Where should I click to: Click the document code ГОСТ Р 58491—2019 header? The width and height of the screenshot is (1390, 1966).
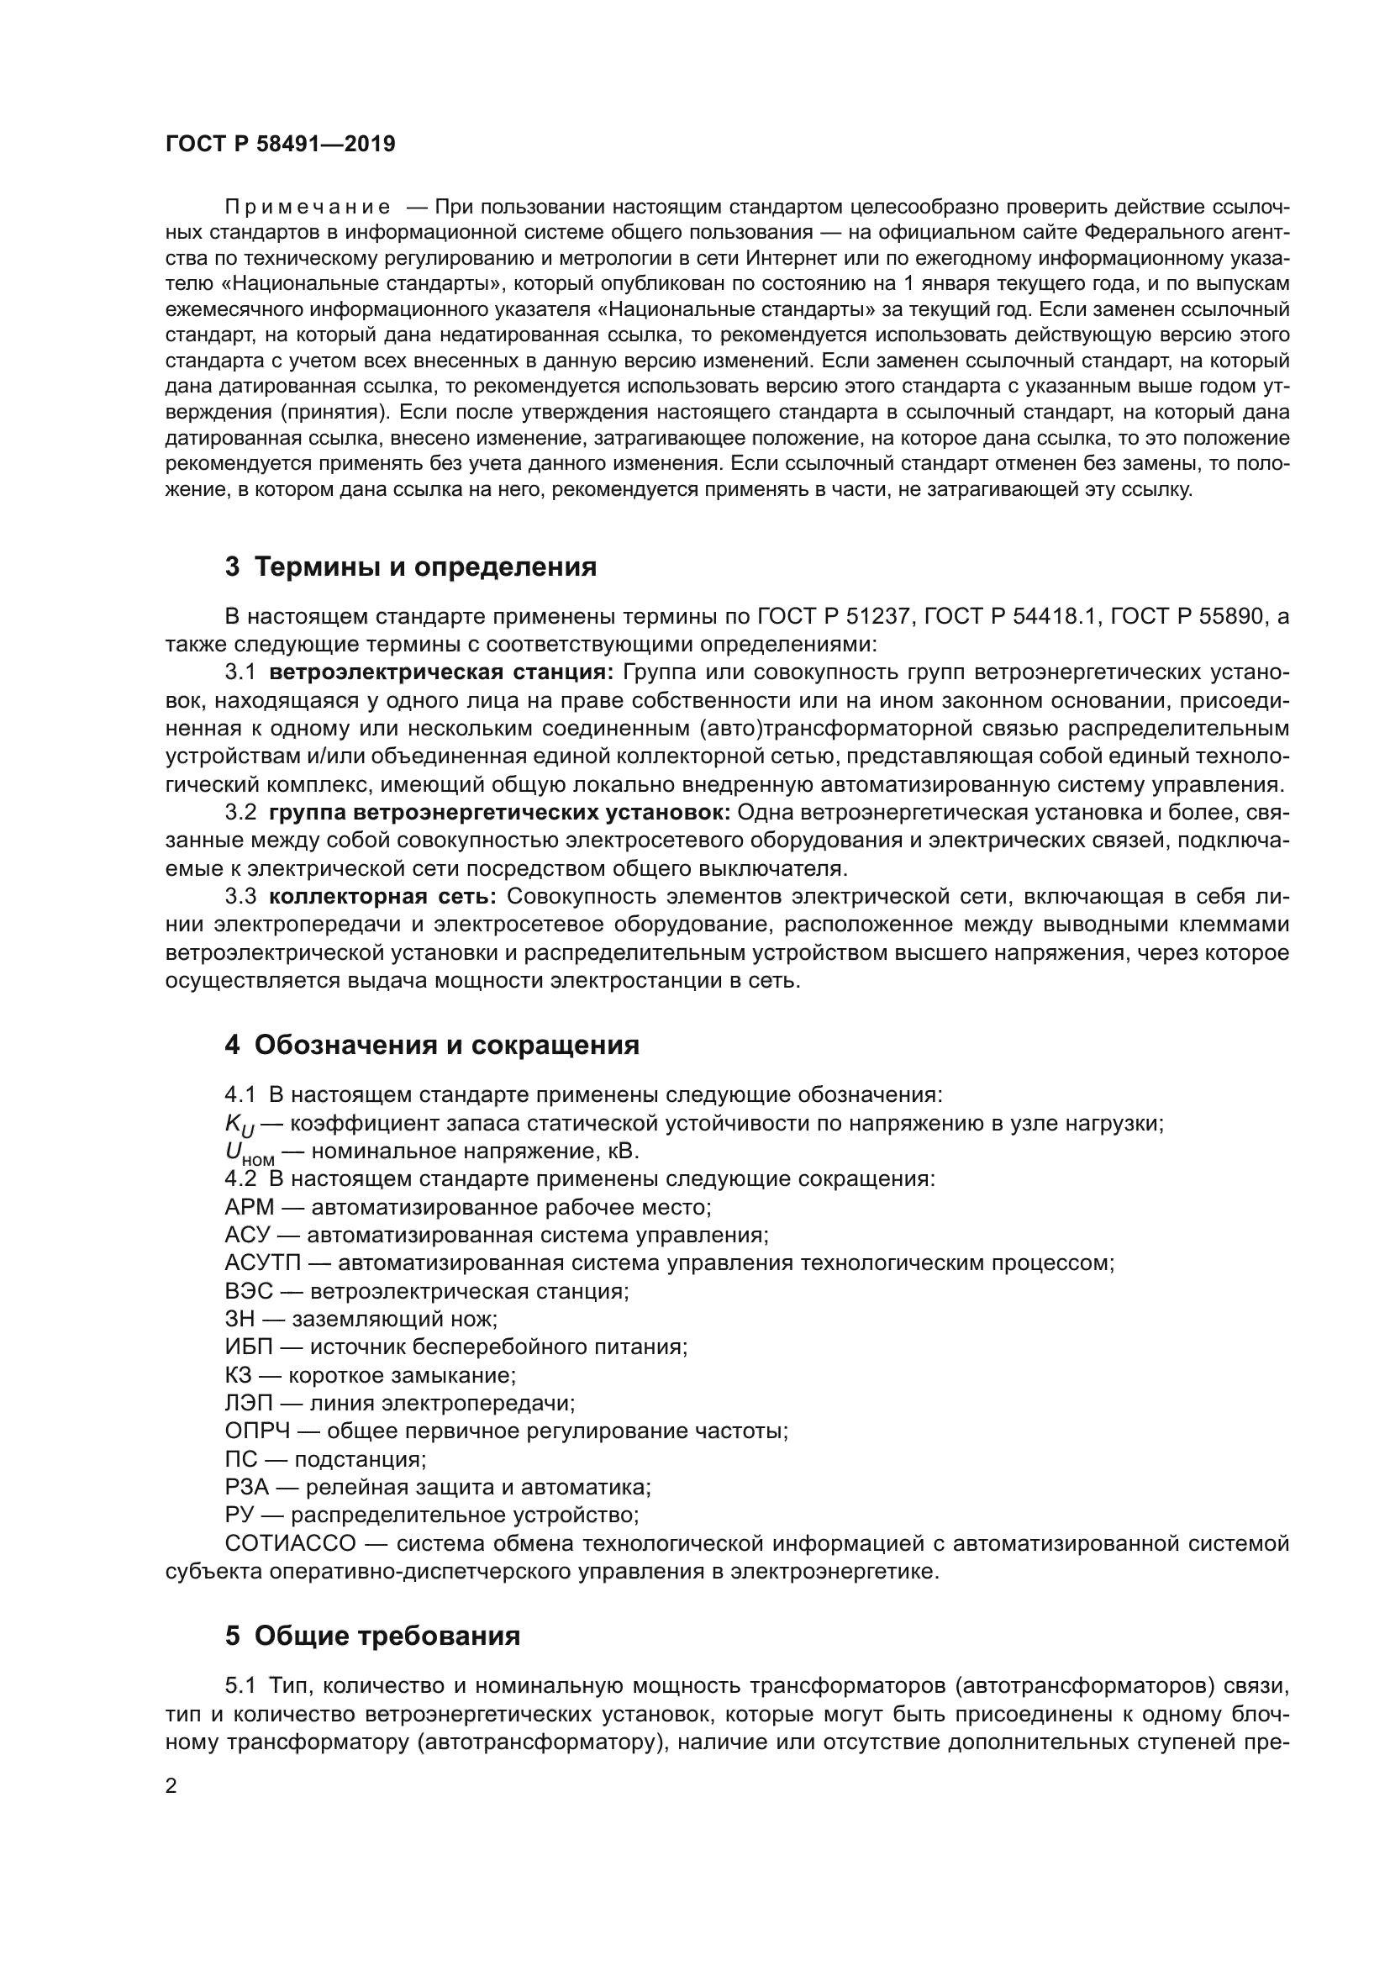pos(280,144)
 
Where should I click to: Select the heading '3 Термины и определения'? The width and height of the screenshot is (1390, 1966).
pos(410,567)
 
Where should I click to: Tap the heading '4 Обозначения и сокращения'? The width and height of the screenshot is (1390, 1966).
pos(431,1045)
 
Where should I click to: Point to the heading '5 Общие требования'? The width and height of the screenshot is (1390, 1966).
pos(372,1636)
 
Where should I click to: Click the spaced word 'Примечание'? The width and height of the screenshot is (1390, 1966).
pos(308,208)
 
